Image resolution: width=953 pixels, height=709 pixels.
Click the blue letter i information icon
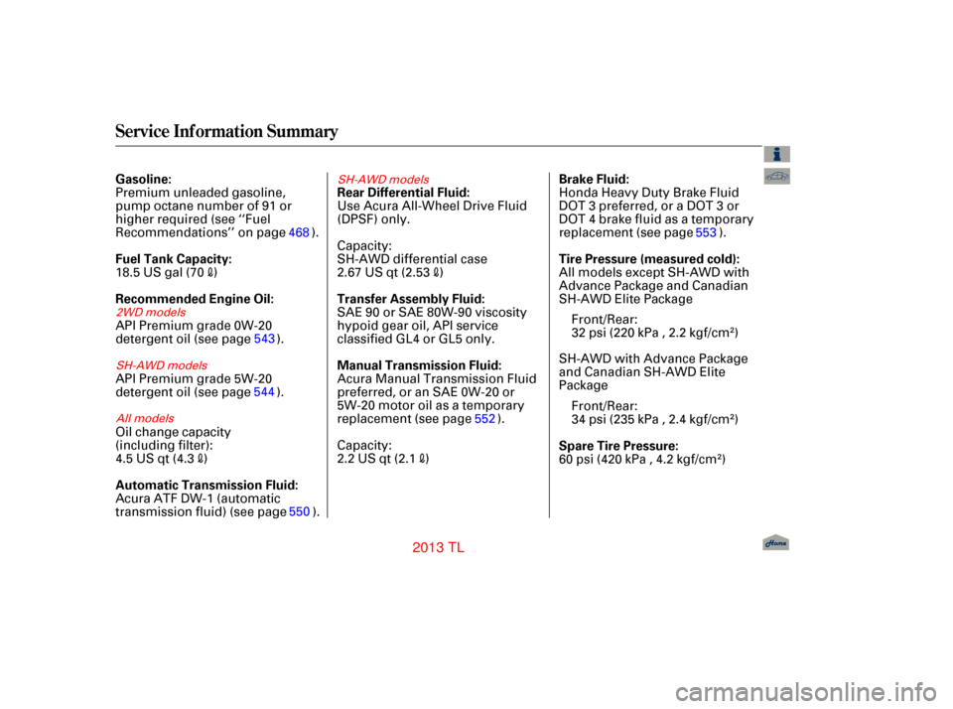click(777, 154)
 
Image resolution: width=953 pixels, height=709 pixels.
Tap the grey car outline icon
click(777, 177)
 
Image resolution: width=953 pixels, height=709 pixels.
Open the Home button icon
click(776, 543)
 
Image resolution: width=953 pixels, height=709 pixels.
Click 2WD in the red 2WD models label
click(129, 313)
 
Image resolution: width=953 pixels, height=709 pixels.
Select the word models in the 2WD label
click(166, 313)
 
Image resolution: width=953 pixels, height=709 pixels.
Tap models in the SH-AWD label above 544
click(188, 365)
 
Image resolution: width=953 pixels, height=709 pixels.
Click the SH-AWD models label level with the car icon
click(383, 180)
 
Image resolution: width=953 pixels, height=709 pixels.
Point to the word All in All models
click(123, 419)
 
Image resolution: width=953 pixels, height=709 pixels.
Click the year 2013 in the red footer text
click(428, 548)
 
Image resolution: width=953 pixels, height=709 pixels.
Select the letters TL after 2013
click(457, 548)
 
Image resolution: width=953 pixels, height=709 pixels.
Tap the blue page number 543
click(264, 339)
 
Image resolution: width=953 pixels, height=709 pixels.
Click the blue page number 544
click(264, 392)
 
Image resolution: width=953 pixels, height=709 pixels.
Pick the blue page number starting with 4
click(300, 232)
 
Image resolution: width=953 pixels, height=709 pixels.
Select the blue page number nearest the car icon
click(706, 232)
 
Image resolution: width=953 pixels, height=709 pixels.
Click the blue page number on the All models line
click(484, 419)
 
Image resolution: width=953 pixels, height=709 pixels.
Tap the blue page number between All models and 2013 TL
click(299, 511)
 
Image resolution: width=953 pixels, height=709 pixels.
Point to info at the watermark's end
click(918, 685)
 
